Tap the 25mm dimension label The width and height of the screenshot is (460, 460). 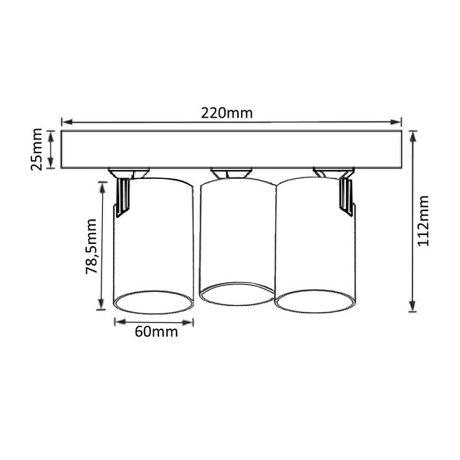37,150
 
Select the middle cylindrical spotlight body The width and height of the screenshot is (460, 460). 235,234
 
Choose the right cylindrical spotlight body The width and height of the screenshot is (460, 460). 315,234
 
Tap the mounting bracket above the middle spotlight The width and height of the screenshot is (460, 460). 230,173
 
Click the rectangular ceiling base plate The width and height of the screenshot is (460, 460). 230,150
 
